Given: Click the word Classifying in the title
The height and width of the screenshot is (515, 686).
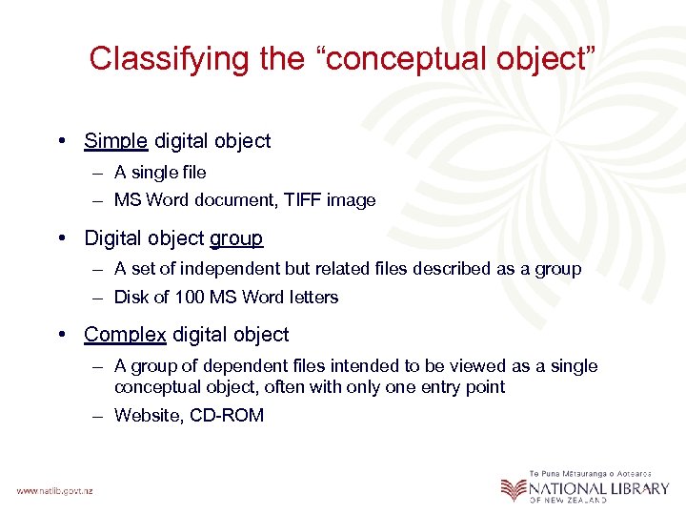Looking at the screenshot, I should pyautogui.click(x=169, y=59).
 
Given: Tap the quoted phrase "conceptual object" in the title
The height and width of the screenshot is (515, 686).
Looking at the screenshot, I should pyautogui.click(x=454, y=59).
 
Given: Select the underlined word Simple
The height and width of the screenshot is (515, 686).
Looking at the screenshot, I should pyautogui.click(x=115, y=141).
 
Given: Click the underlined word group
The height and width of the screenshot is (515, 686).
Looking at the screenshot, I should pyautogui.click(x=235, y=237).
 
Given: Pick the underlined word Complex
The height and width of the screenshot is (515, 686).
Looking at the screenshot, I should pyautogui.click(x=125, y=335).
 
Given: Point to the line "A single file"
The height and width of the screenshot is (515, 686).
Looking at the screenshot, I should pyautogui.click(x=160, y=173).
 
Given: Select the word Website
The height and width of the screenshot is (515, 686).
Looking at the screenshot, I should pyautogui.click(x=145, y=415).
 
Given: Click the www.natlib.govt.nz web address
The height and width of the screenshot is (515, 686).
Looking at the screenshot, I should pyautogui.click(x=53, y=490).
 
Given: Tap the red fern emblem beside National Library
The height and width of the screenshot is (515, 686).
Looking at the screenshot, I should pyautogui.click(x=514, y=489).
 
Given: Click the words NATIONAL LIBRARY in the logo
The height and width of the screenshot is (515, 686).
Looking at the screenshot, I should pyautogui.click(x=599, y=488).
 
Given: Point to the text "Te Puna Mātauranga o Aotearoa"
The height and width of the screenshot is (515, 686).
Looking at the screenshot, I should pyautogui.click(x=591, y=473).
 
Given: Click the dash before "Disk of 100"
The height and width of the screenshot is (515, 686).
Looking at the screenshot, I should pyautogui.click(x=99, y=298).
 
